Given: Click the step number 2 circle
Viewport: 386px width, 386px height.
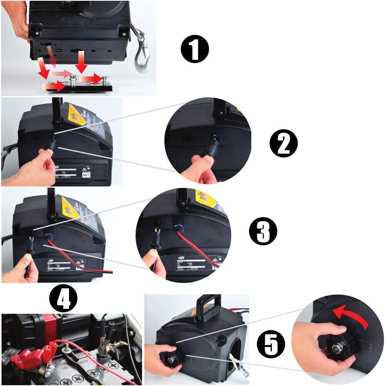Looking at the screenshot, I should pos(283,144).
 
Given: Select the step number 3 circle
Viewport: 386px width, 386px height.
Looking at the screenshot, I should pos(263,232).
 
